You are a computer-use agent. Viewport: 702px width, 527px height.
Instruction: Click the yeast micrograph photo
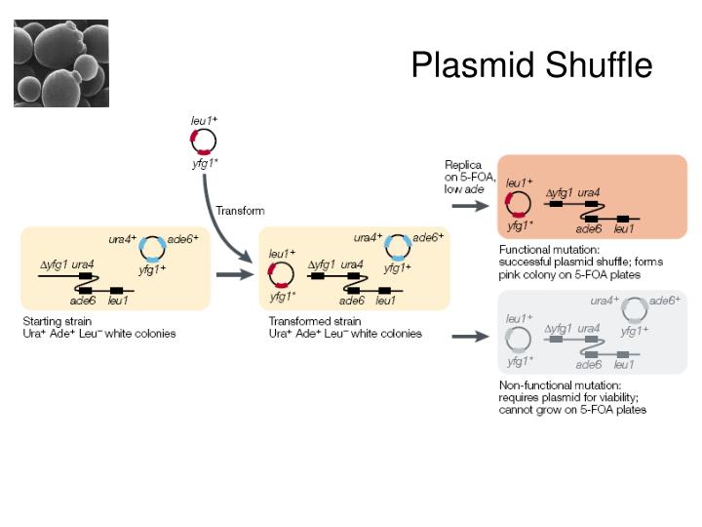pyautogui.click(x=61, y=62)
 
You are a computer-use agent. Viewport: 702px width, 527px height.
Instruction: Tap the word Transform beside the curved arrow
pyautogui.click(x=240, y=210)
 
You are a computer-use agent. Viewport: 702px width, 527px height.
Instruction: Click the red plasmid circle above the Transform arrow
pyautogui.click(x=204, y=141)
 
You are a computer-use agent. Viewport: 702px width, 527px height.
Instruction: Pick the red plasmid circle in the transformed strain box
pyautogui.click(x=281, y=274)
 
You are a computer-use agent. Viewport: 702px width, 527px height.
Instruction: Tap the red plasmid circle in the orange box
pyautogui.click(x=518, y=204)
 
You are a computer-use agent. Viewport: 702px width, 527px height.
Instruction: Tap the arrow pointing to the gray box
pyautogui.click(x=472, y=337)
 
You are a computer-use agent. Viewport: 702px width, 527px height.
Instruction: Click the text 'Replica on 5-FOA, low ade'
pyautogui.click(x=470, y=177)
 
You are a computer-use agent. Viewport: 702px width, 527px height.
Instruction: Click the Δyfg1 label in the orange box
pyautogui.click(x=559, y=193)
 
